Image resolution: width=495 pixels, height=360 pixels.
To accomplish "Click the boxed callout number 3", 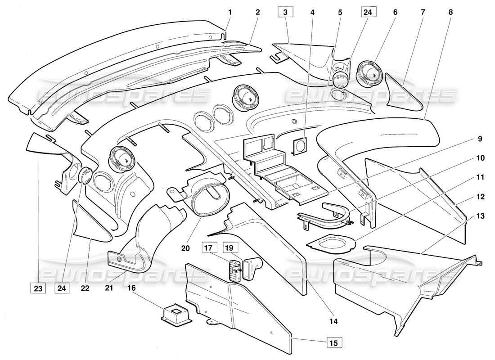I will tap(285, 12).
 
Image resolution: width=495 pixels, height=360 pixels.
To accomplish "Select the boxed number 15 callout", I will tap(333, 342).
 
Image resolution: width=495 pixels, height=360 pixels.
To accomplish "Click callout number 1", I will tap(229, 12).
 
